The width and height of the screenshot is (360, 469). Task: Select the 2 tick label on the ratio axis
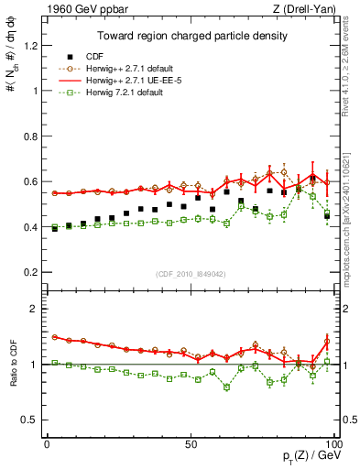point(36,309)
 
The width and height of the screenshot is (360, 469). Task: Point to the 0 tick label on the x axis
point(47,442)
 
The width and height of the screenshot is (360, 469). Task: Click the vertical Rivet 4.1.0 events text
point(351,71)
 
